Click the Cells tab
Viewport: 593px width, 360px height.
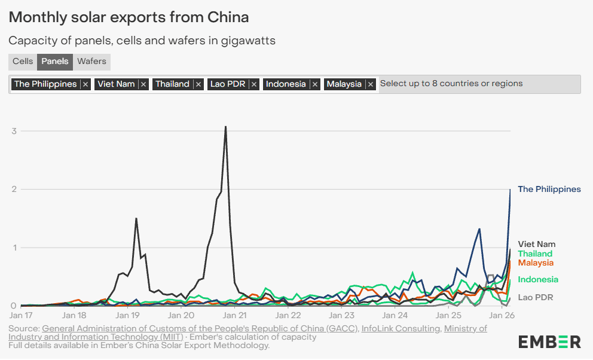pos(23,62)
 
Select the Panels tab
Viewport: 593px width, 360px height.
pos(55,62)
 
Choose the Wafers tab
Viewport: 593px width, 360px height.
pos(91,62)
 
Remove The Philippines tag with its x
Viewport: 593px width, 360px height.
pos(85,84)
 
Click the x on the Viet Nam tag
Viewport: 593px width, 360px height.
pos(143,84)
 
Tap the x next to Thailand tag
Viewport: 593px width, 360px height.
pos(198,84)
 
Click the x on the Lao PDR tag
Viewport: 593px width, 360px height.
pos(254,84)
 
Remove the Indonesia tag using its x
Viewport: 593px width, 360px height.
pos(315,84)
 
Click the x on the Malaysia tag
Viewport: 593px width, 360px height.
pos(371,84)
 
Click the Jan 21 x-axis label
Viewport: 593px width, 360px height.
pos(234,315)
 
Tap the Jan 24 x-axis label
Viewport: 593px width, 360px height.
pos(395,315)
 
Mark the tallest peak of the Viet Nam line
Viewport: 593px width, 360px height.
pos(225,127)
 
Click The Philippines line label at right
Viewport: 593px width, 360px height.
pos(549,190)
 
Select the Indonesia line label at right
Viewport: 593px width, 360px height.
pos(538,280)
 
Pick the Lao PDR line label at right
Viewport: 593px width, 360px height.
pos(535,297)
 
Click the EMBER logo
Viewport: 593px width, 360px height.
pos(549,341)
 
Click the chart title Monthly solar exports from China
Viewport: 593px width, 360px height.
pos(129,17)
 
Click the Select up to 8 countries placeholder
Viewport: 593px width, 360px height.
pos(451,84)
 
